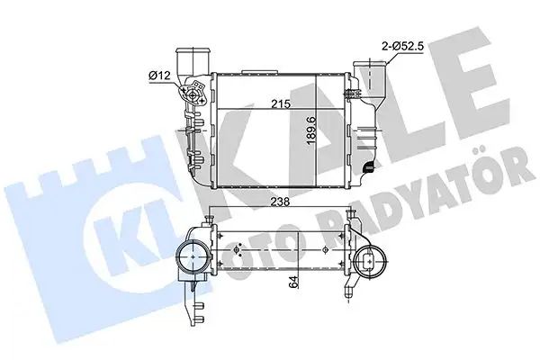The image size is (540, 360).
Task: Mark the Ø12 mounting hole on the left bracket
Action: (x=192, y=93)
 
